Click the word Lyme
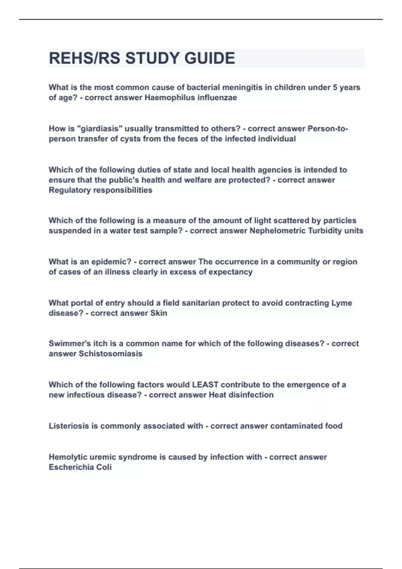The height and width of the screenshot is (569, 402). coord(342,303)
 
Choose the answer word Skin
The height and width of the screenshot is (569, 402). coord(158,313)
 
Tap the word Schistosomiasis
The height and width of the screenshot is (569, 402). coord(110,354)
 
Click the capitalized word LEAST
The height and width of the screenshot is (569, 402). coord(205,385)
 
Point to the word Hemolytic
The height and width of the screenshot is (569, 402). coord(68,457)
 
